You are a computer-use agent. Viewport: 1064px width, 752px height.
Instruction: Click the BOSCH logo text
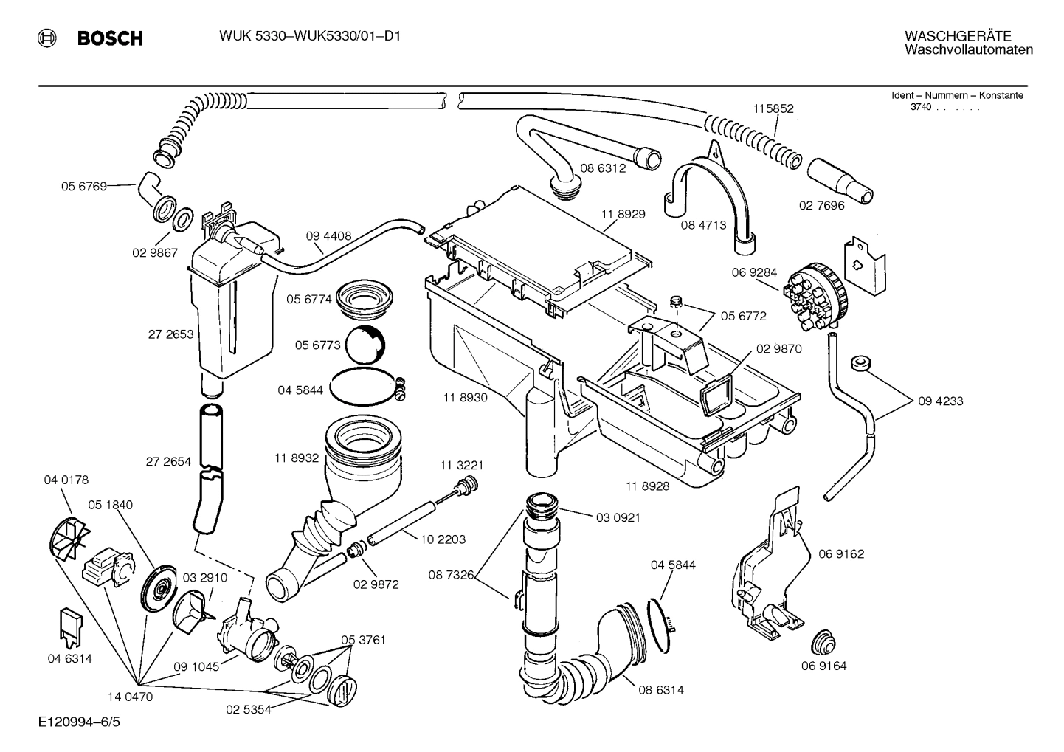110,38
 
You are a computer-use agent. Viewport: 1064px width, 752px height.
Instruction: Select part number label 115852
773,108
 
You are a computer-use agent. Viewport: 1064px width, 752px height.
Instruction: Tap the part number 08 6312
603,168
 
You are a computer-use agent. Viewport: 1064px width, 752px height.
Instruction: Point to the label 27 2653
170,334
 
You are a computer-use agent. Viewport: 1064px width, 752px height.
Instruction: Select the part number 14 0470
129,697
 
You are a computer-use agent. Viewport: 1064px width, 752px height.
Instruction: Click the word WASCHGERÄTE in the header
947,36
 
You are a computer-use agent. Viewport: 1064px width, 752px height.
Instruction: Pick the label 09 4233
941,401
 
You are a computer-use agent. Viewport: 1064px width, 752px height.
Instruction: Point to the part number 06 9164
823,666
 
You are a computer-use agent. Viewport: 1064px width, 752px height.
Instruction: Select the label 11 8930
465,397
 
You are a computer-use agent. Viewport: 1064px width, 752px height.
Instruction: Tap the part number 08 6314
661,690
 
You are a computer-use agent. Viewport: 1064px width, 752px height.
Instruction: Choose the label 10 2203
443,539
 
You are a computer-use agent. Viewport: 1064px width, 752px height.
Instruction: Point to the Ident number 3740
920,108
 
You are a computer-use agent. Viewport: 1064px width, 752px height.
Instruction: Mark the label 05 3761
363,639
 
